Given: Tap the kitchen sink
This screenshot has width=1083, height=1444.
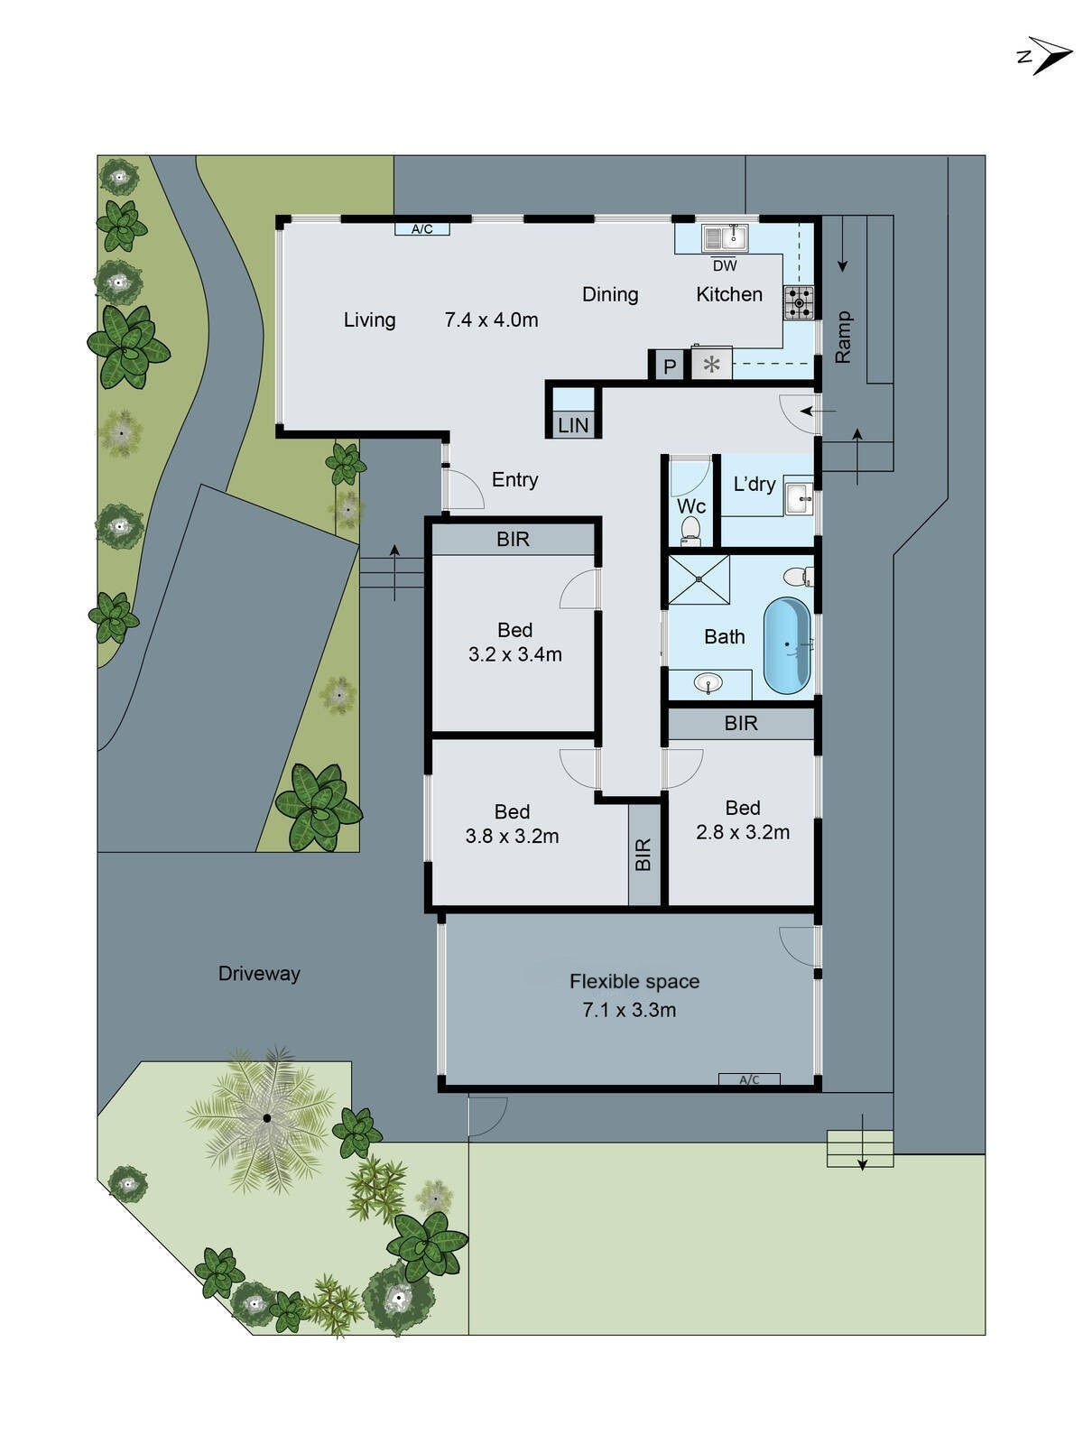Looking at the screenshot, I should pos(726,238).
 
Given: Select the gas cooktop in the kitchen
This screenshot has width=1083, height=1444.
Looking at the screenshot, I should pos(798,302).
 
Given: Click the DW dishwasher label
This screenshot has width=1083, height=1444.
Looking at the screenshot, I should pos(724,266).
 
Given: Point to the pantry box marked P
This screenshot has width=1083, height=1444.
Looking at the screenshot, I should pos(669,366).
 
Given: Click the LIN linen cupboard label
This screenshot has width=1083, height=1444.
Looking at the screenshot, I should pos(573,425).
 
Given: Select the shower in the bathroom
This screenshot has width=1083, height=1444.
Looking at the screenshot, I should pos(698,579).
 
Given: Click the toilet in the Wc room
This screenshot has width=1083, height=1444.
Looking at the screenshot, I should pos(691,531).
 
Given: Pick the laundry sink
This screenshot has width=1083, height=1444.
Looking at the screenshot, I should pos(799,497).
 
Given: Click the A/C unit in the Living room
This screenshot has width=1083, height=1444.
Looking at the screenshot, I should pos(421,229).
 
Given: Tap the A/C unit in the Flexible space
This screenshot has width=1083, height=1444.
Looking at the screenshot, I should pos(749,1079).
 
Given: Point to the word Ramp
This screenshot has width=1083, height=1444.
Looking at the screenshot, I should pos(843,338).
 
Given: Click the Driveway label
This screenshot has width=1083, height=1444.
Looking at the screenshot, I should pos(259,973).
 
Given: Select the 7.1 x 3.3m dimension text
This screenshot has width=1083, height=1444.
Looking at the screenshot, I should pos(629,1010).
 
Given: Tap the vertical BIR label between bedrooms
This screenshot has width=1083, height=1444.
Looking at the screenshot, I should pos(643,855).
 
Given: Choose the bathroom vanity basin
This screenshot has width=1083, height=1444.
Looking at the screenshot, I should pos(708,683).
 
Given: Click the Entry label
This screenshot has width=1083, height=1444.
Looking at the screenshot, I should pos(514,480).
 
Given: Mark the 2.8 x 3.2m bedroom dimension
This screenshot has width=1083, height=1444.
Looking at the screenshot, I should pos(743,832).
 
